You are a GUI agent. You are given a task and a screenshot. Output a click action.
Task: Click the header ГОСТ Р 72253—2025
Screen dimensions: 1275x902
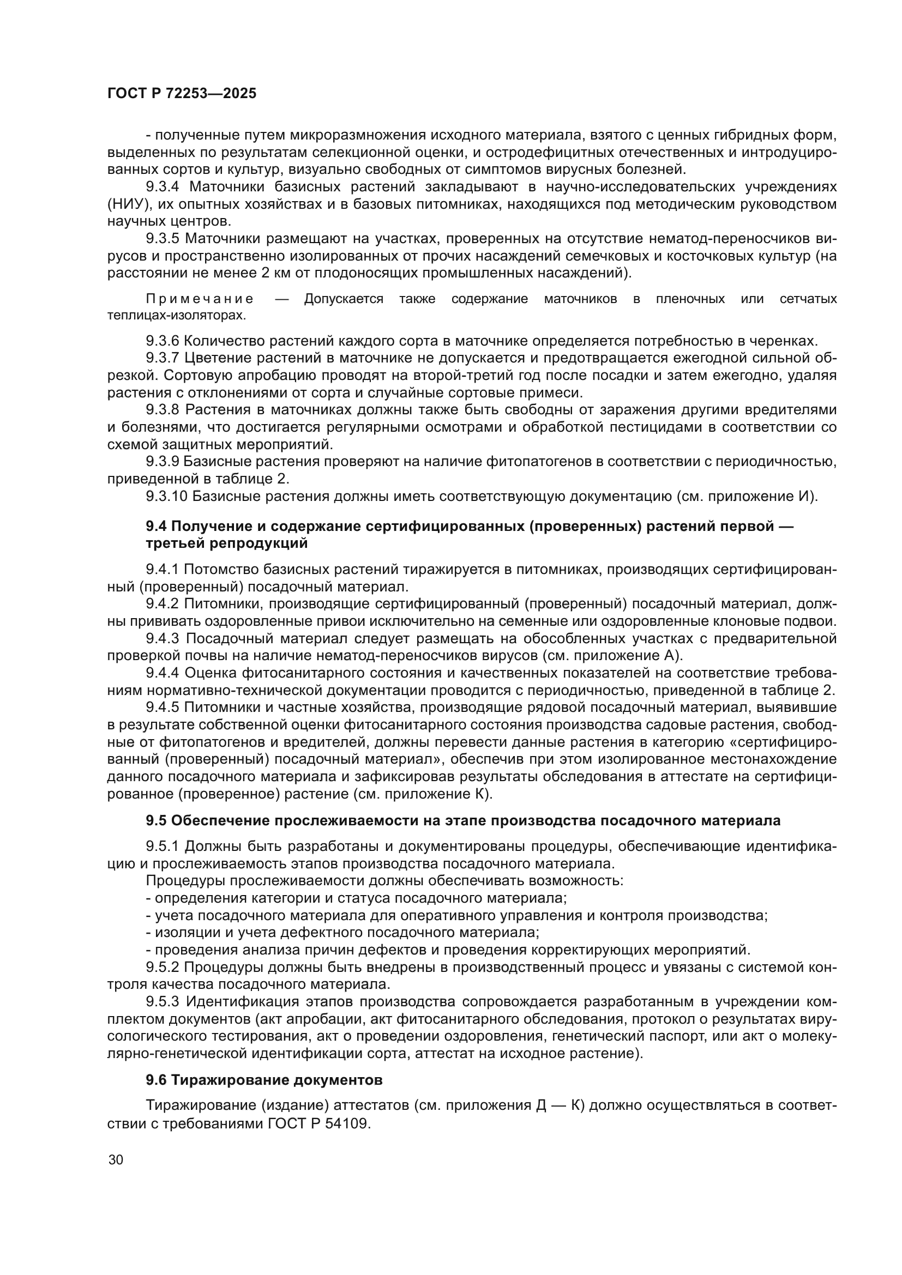click(x=182, y=94)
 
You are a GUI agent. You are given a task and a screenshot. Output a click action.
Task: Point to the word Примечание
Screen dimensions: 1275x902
click(x=200, y=299)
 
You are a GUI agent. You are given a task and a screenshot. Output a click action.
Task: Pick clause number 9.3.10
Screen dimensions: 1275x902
click(x=167, y=496)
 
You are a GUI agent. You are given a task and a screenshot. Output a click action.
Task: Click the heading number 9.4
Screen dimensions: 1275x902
click(x=157, y=526)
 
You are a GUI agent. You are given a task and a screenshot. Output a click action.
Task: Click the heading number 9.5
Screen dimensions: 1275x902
click(x=157, y=820)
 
